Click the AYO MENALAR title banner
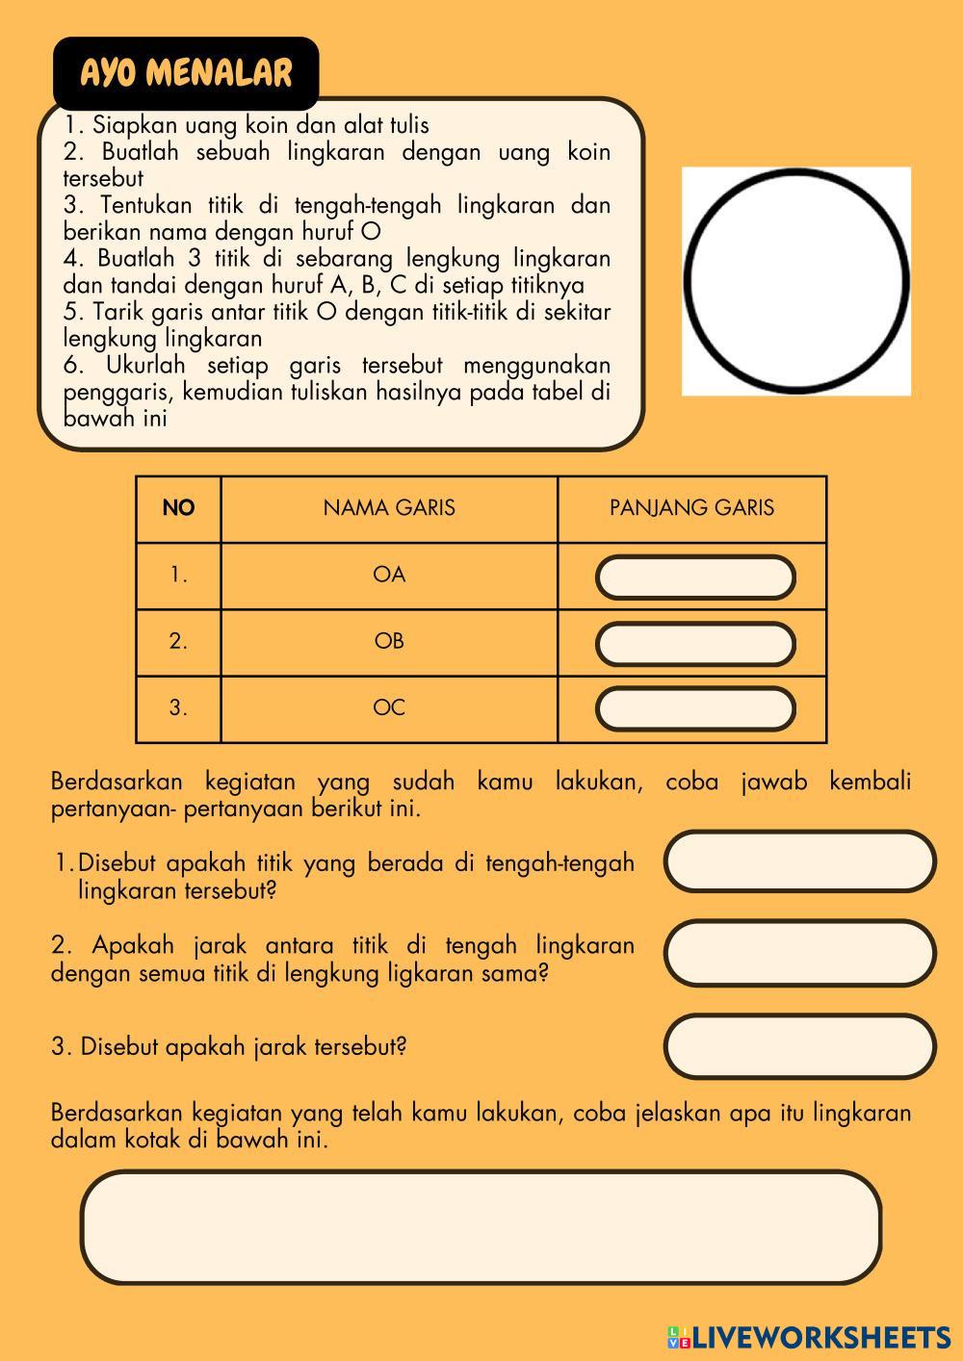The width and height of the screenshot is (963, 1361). click(185, 73)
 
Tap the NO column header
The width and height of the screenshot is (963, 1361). click(178, 508)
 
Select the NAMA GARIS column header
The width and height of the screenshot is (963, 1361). click(389, 508)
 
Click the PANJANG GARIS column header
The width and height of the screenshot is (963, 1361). click(691, 508)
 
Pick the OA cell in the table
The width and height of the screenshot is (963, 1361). click(389, 575)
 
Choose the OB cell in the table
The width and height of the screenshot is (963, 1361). click(389, 641)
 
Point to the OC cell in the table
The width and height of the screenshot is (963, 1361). click(389, 708)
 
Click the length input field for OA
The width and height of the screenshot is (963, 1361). click(695, 578)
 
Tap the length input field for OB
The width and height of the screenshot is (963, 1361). click(695, 644)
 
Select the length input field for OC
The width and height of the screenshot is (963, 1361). click(695, 709)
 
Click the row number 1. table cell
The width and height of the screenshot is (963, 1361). click(178, 575)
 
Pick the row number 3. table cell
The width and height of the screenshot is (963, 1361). click(178, 708)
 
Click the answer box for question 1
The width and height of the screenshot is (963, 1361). click(799, 861)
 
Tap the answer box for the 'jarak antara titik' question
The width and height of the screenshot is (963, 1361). click(799, 953)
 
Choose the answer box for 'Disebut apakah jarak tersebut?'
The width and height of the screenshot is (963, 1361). click(799, 1046)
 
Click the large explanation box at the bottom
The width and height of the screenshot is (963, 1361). click(481, 1227)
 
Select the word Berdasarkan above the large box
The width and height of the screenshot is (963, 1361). click(117, 1114)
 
